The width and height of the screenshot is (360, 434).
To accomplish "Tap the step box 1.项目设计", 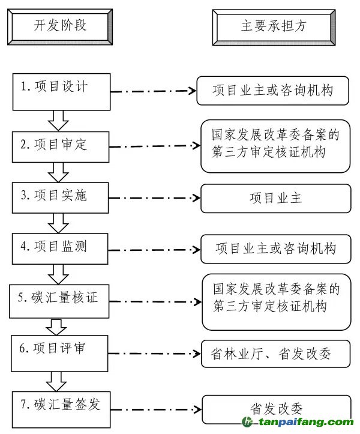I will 62,91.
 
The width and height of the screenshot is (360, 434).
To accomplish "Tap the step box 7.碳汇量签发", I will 62,405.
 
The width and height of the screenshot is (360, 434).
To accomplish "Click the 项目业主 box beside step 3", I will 275,198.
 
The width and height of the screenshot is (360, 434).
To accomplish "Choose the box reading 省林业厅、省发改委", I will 275,354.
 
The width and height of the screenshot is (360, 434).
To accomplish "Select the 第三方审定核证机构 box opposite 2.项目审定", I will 275,145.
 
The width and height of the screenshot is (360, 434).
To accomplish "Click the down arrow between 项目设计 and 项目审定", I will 58,120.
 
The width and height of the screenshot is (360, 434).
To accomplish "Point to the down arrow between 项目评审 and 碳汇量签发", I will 58,381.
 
